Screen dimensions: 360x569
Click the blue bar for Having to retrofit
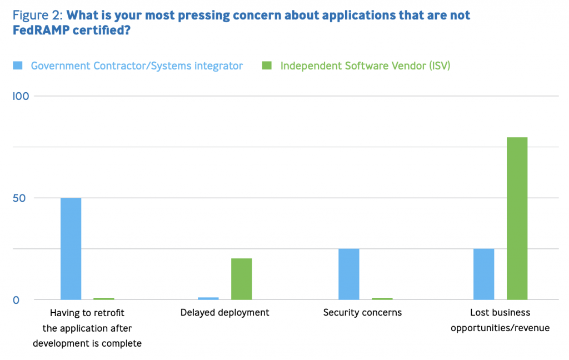click(71, 249)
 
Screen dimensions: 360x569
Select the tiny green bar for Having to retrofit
click(104, 299)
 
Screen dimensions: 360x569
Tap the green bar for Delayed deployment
click(241, 279)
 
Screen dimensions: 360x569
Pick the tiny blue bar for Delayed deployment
click(208, 299)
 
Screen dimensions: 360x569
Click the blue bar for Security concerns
click(348, 274)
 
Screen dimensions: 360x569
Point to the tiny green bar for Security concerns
click(382, 299)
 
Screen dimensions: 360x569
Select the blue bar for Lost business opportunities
click(483, 274)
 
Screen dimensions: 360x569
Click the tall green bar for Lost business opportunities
click(517, 218)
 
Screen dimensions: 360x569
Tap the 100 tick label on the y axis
click(21, 96)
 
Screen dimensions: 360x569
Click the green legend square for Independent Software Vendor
click(267, 66)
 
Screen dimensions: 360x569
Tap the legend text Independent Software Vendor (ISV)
click(365, 66)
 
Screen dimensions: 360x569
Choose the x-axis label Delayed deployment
click(224, 313)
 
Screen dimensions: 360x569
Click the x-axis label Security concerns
click(362, 313)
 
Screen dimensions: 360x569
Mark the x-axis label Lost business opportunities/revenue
click(500, 321)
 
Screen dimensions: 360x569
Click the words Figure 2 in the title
click(37, 15)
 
